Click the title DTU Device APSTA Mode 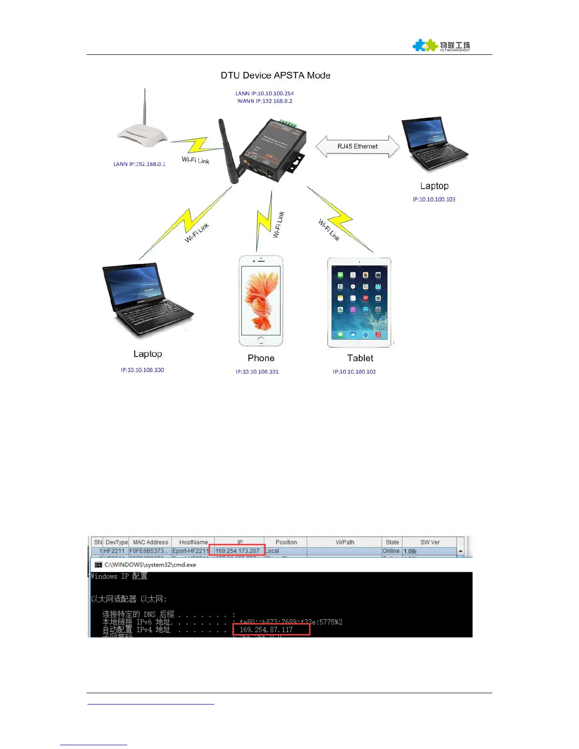coord(275,75)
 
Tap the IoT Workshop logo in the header coord(441,45)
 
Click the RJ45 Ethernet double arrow coord(357,147)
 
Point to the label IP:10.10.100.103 coord(434,200)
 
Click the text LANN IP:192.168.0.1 coord(139,164)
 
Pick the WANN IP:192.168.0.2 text coord(264,101)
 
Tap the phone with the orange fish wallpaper coord(261,301)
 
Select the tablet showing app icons coord(360,303)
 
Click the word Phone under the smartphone coord(261,358)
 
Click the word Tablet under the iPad coord(360,358)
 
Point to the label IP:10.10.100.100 coord(142,370)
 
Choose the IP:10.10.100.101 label coord(257,372)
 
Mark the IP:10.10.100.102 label coord(354,372)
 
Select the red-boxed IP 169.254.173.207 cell coord(237,551)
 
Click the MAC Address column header coord(150,542)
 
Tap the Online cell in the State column coord(391,551)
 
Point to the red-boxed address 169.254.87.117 coord(266,630)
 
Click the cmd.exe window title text coord(150,565)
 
